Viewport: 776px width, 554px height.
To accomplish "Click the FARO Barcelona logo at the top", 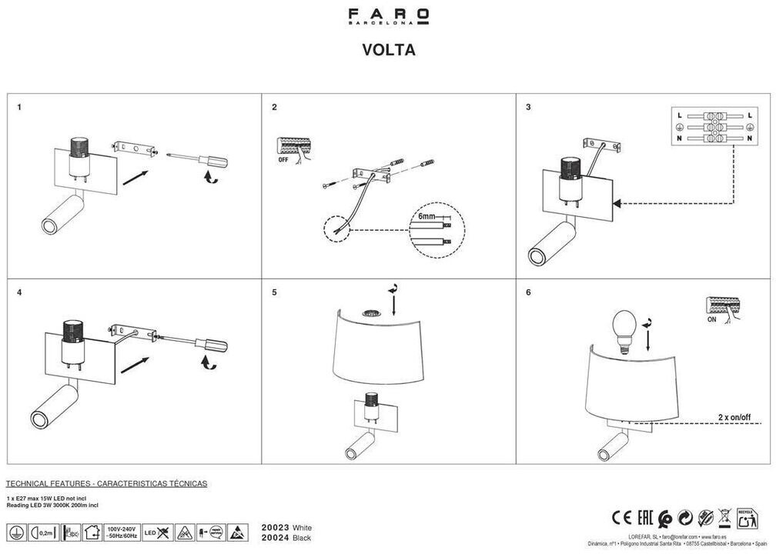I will tap(388, 16).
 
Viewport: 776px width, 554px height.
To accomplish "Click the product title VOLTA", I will tap(389, 50).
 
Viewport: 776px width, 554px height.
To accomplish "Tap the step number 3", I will tap(528, 107).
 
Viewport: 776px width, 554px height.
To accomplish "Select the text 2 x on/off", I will tap(734, 415).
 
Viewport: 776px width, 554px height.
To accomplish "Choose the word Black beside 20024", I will tap(303, 538).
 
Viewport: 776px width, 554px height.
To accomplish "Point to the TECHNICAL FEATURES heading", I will tap(106, 483).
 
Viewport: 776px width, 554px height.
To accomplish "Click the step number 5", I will tap(273, 293).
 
